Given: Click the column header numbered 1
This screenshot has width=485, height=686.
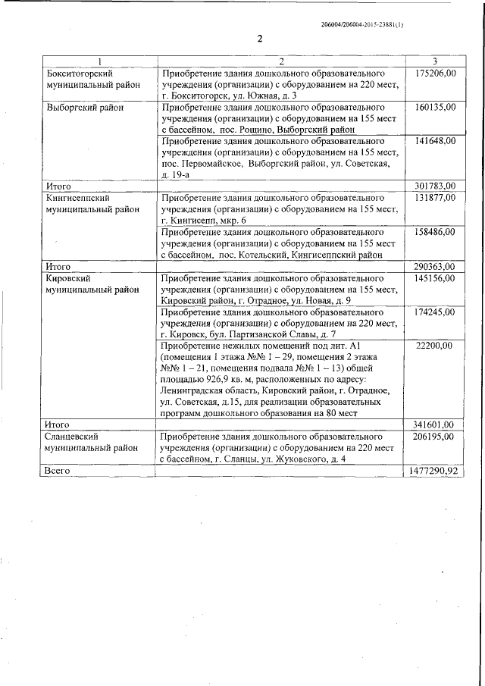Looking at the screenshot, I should pos(99,61).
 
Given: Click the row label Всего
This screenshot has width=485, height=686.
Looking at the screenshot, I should pos(58,471).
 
